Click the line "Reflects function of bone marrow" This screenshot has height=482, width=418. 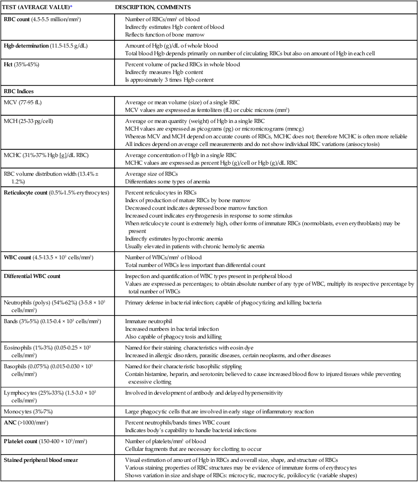click(x=165, y=35)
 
